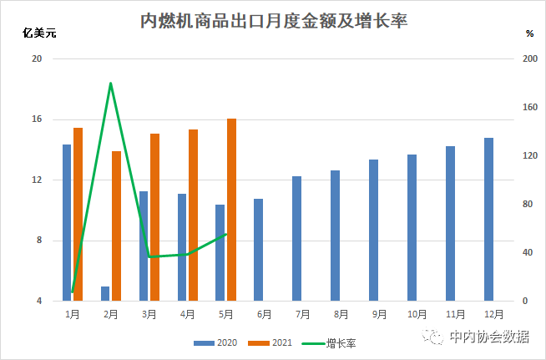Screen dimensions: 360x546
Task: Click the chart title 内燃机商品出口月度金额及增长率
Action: [273, 21]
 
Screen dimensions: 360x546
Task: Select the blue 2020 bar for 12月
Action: [488, 219]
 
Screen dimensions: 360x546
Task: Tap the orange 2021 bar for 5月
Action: [231, 209]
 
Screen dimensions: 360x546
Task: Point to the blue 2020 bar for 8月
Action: [336, 236]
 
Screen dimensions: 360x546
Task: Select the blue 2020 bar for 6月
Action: [259, 250]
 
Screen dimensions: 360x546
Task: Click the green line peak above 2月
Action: [110, 84]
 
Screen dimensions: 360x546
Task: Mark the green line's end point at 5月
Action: [227, 234]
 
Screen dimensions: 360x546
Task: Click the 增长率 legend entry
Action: [334, 342]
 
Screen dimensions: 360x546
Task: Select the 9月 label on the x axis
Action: [380, 314]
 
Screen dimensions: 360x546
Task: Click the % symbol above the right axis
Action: [529, 33]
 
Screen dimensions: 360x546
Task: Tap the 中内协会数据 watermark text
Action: [488, 337]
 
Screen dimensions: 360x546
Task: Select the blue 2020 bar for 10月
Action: [412, 227]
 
